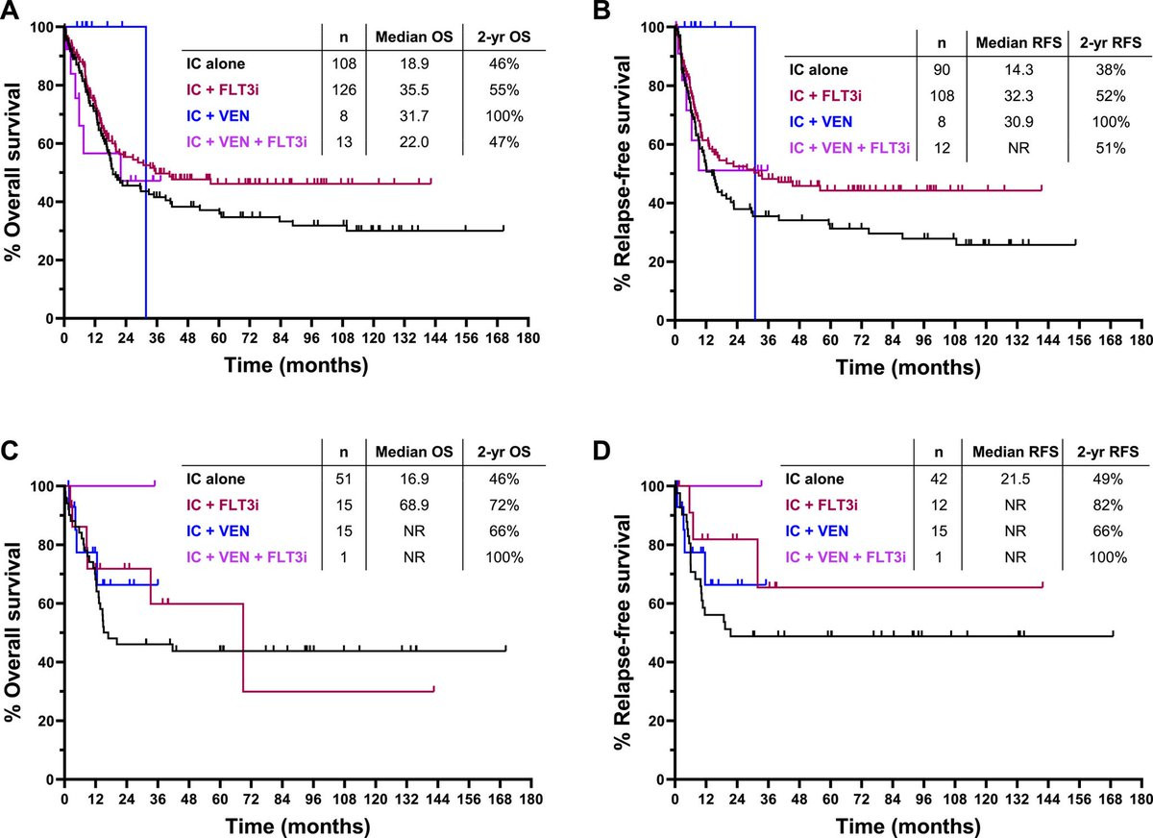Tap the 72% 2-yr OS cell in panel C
tap(503, 504)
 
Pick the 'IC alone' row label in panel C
tap(216, 477)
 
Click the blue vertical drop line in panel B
tap(755, 192)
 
